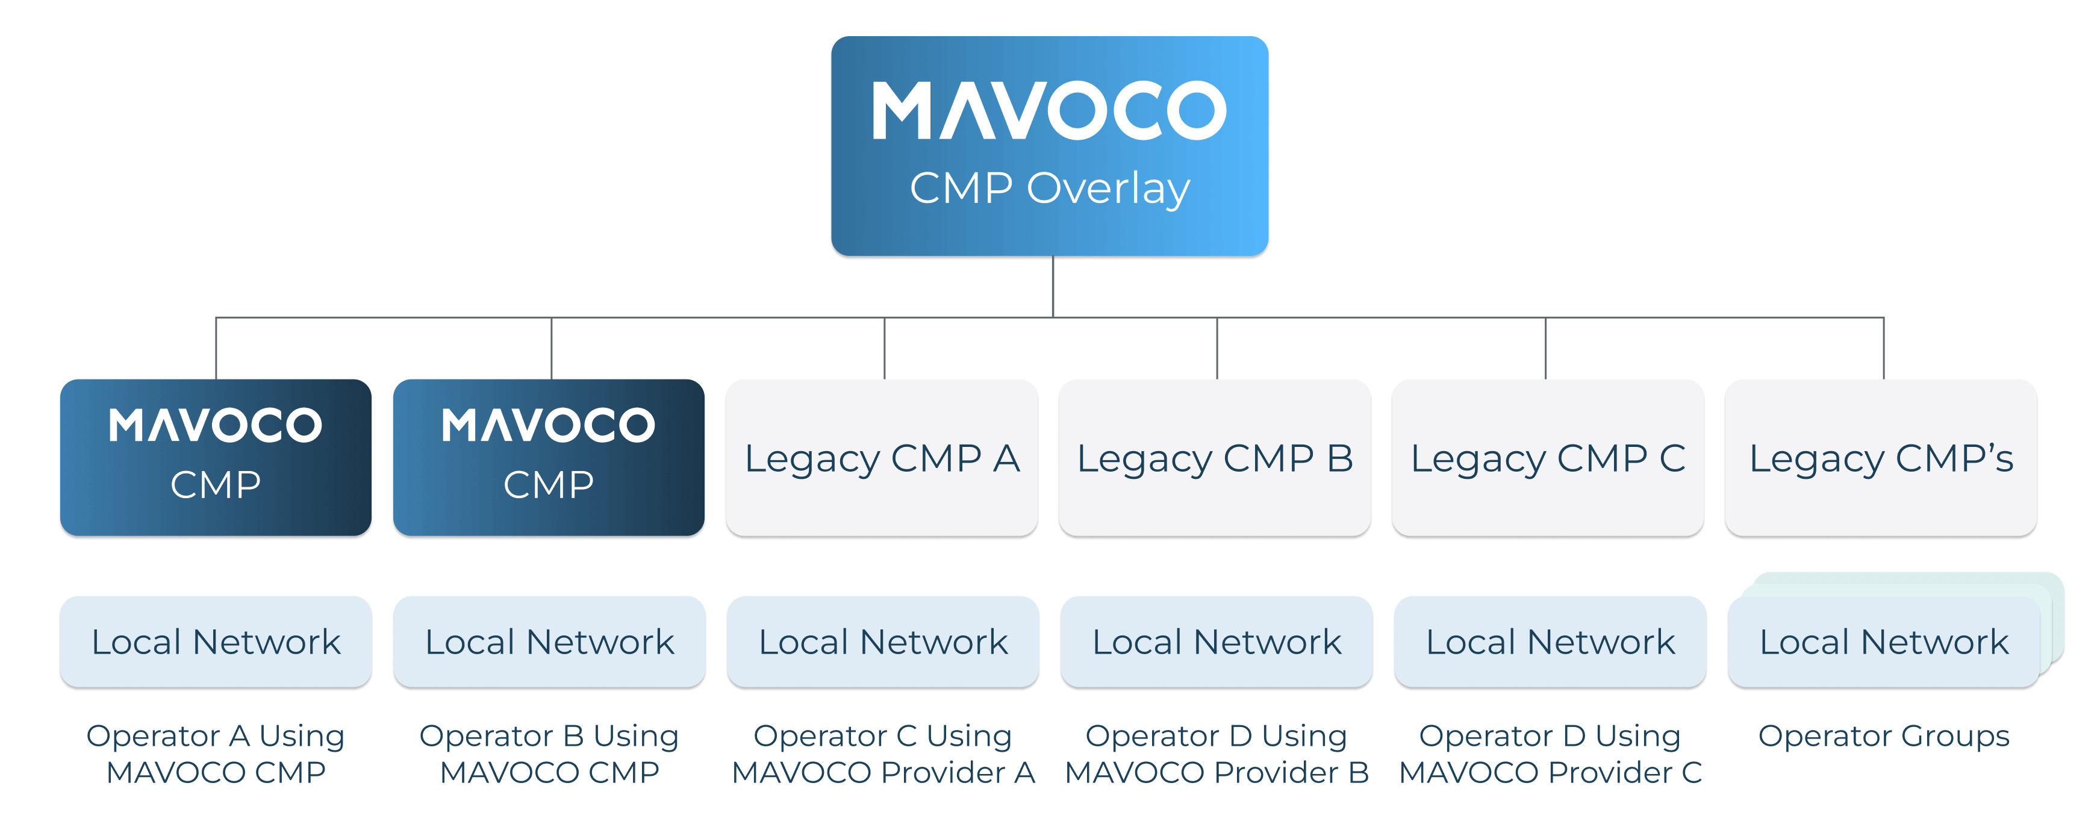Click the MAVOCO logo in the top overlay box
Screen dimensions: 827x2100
click(1049, 110)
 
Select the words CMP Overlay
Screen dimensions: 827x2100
click(1049, 189)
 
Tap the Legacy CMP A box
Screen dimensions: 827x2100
click(882, 458)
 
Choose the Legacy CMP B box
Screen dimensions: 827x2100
click(1215, 458)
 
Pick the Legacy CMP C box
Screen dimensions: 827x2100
click(1547, 458)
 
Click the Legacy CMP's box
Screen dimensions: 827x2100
click(1881, 458)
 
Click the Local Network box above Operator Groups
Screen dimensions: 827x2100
click(1883, 642)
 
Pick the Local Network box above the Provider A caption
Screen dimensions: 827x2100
click(883, 642)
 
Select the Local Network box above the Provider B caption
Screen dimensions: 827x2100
click(1217, 642)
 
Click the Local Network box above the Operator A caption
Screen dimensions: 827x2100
click(216, 642)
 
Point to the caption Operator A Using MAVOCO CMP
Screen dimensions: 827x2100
click(216, 754)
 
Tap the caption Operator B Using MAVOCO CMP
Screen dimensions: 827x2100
click(549, 754)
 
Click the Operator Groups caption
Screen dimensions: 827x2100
click(1883, 735)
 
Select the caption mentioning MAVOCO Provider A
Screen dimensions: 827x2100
click(883, 754)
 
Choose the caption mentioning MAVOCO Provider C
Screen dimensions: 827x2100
click(1550, 754)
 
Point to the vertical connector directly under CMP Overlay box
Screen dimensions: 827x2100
click(1053, 286)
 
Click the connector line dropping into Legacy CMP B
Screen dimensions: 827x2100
click(1217, 348)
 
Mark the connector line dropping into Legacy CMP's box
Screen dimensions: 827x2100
click(1883, 348)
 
